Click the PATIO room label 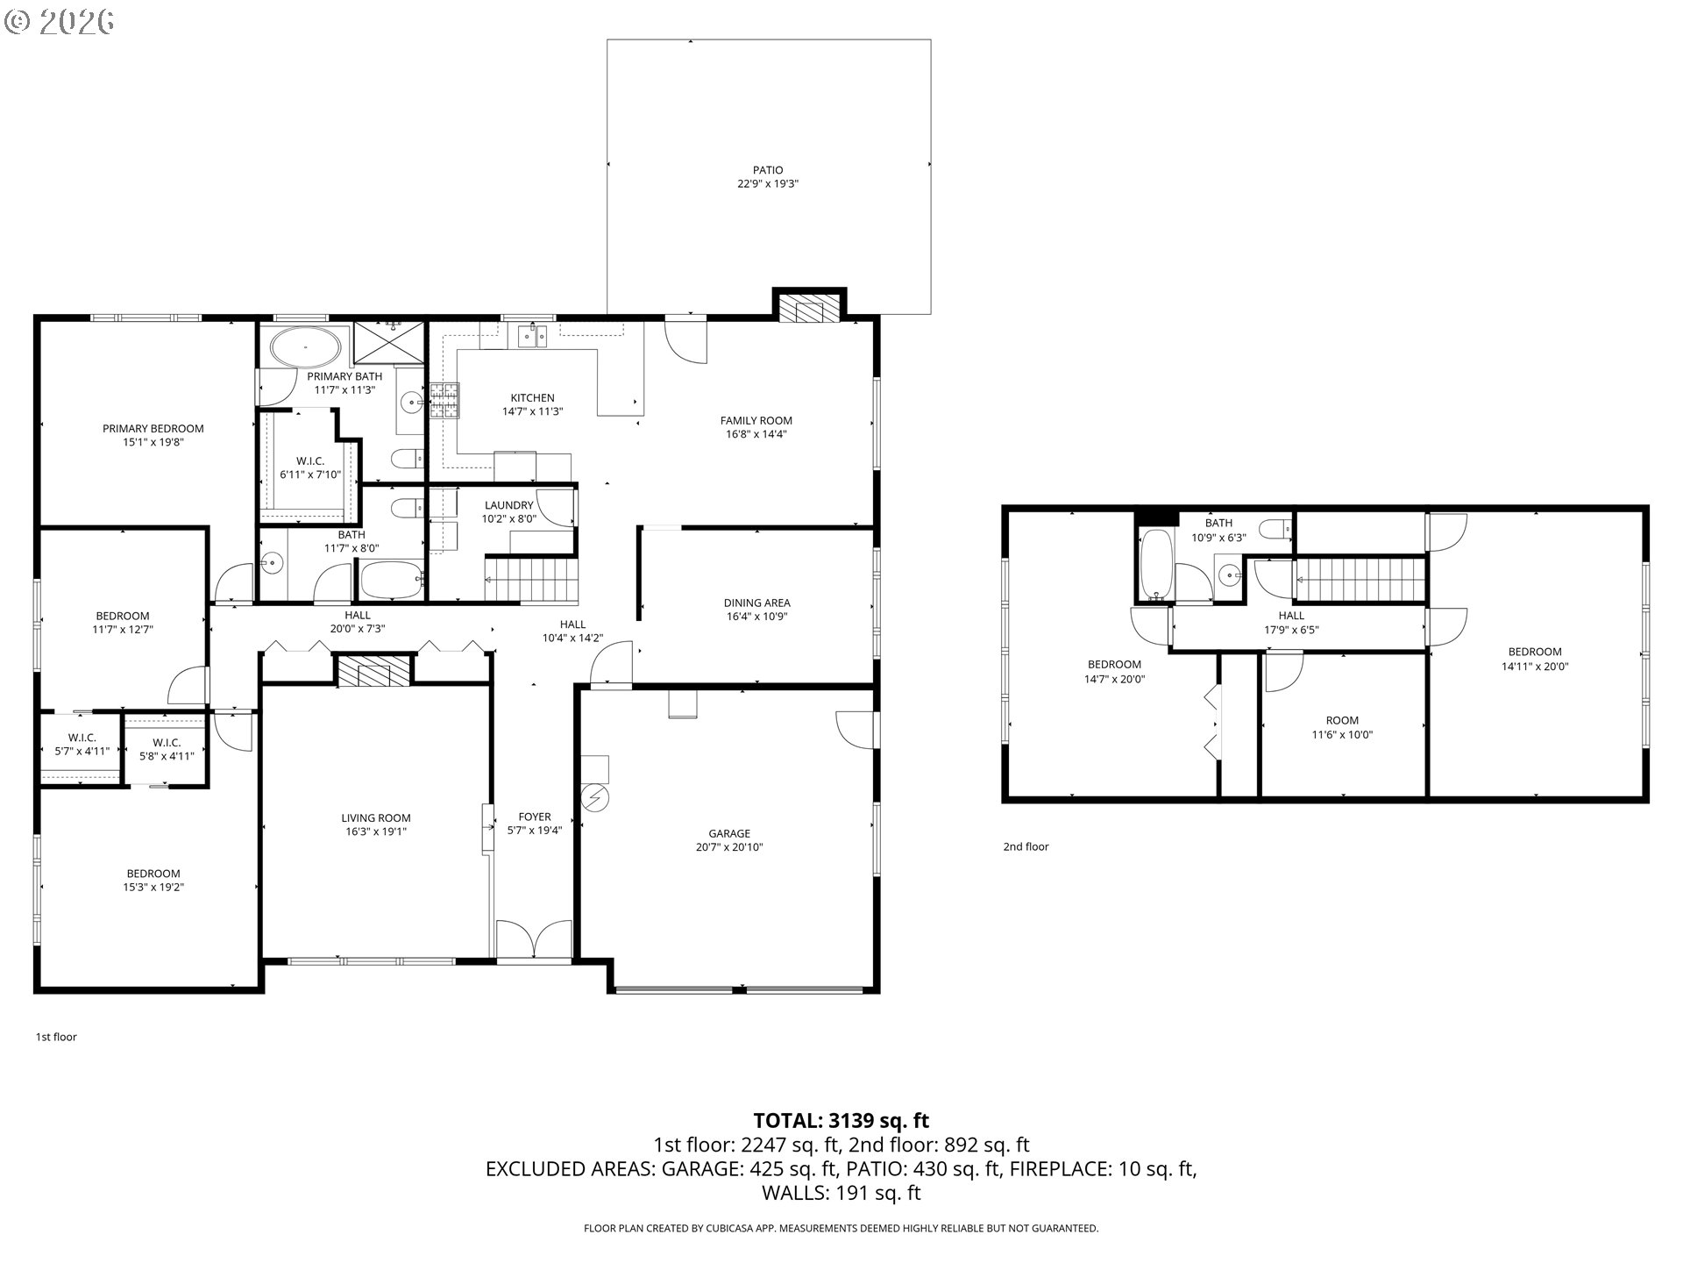768,177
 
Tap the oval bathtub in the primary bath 305,347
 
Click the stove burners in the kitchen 444,401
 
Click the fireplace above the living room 374,673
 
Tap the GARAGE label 729,840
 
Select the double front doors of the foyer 535,940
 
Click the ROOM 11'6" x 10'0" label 1342,728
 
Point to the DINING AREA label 756,610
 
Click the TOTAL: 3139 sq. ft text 841,1120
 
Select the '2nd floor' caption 1026,846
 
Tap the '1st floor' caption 56,1037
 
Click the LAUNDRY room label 508,511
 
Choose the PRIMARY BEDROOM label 153,435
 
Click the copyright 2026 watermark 59,21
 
